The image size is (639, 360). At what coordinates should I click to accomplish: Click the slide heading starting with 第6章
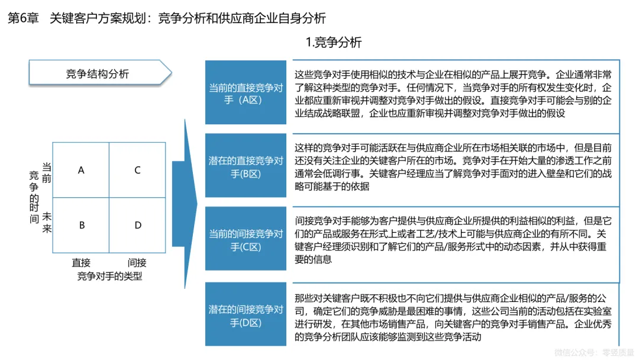(166, 18)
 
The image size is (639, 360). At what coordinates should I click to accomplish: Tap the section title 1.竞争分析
(333, 43)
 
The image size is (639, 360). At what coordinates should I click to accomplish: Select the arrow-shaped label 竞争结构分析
(98, 74)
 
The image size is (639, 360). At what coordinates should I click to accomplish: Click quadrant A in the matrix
(81, 171)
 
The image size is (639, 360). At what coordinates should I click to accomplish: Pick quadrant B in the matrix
(81, 225)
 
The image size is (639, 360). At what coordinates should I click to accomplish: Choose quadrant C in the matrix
(137, 171)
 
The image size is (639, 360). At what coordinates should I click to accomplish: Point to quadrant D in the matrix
(137, 225)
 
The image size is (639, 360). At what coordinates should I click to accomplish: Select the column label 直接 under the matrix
(81, 263)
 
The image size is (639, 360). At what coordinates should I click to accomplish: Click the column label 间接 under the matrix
(137, 263)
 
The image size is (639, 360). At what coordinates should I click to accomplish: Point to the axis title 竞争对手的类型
(109, 275)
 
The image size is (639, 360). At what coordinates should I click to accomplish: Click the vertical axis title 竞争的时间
(34, 196)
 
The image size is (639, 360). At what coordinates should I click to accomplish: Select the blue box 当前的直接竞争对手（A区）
(246, 93)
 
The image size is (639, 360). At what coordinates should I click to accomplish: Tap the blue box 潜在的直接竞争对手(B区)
(246, 166)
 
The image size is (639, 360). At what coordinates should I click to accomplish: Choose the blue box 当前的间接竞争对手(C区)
(246, 240)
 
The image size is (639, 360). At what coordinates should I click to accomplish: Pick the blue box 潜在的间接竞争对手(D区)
(246, 315)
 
